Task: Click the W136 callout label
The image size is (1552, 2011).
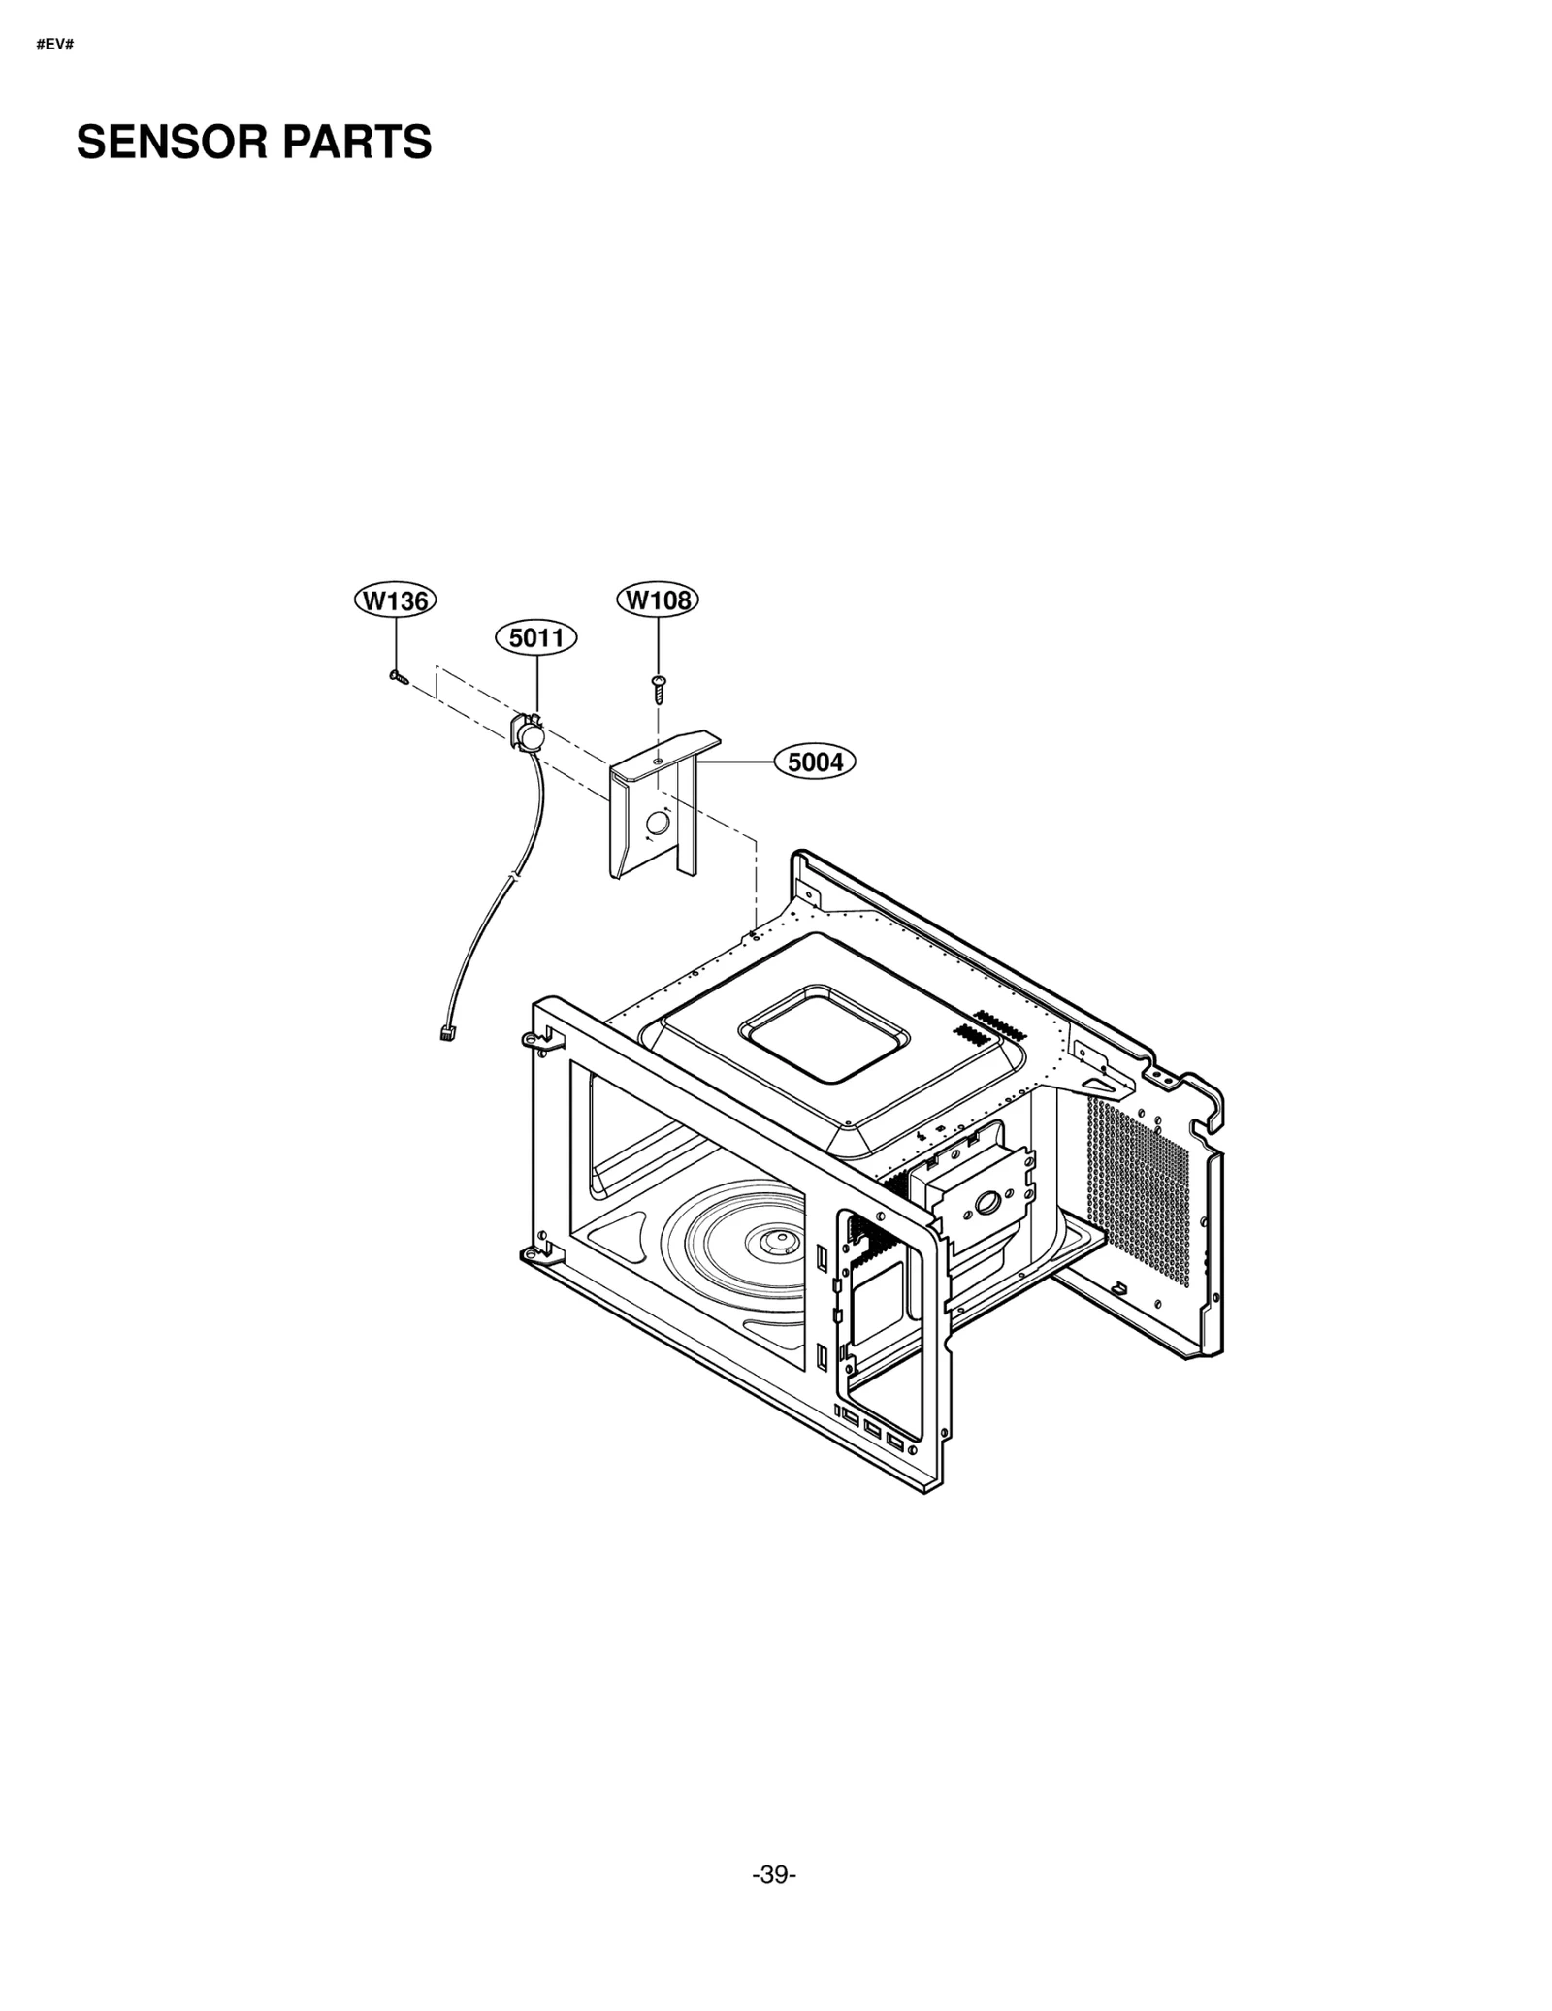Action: click(x=395, y=600)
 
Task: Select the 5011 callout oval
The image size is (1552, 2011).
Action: click(x=536, y=637)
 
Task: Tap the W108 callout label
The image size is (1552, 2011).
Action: click(x=658, y=600)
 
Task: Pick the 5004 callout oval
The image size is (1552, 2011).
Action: click(x=815, y=762)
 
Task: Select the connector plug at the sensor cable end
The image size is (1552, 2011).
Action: click(x=446, y=1032)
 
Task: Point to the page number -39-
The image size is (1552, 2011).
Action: click(x=773, y=1875)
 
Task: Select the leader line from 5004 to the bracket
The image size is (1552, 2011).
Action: click(x=737, y=762)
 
